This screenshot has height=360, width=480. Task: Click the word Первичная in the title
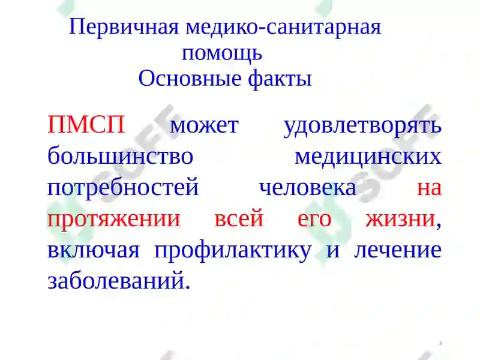click(124, 28)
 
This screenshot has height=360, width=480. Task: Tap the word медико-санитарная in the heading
click(283, 28)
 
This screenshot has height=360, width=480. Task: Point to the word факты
click(280, 79)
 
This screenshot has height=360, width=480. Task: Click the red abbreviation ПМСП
click(86, 124)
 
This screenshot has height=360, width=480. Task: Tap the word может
click(205, 126)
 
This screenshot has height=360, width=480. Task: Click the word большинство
click(121, 155)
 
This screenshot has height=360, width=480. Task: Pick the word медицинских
click(368, 157)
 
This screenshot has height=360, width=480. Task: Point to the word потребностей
click(123, 187)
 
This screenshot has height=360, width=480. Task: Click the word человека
click(308, 188)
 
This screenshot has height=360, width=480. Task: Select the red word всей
click(239, 218)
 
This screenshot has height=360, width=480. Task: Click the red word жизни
click(400, 219)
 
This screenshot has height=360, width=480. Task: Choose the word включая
click(94, 250)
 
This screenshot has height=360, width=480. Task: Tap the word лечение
click(398, 250)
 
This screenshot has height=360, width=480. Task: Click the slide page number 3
click(440, 343)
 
